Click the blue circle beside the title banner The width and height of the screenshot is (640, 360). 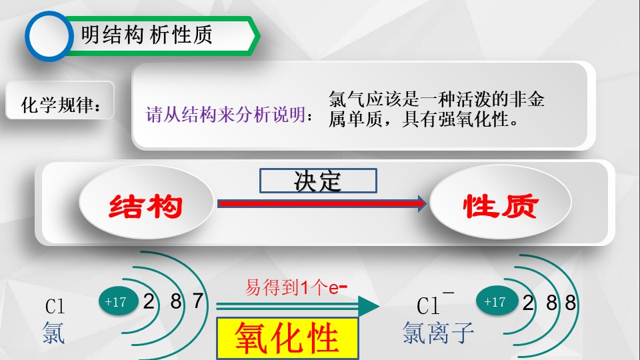pos(49,36)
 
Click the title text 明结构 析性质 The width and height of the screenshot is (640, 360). pos(147,35)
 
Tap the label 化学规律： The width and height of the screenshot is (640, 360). pos(61,105)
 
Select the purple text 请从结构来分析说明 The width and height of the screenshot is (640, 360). pos(226,115)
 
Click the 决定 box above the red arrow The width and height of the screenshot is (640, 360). pos(318,181)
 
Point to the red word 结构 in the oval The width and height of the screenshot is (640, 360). pos(146,206)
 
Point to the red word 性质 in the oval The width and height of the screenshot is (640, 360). pos(501,206)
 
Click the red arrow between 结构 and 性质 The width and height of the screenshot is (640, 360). pos(321,203)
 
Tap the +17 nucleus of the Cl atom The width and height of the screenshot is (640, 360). pos(119,301)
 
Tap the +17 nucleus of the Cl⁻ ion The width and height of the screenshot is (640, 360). pos(497,301)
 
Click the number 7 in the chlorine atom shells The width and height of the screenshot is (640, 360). pos(198,301)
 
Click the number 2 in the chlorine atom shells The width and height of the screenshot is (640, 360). pos(149,301)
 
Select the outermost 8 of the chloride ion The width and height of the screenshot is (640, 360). pos(570,303)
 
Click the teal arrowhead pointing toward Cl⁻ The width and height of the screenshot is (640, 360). pos(369,306)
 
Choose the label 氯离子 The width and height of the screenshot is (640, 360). pos(438,333)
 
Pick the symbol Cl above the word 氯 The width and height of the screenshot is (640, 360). pos(55,307)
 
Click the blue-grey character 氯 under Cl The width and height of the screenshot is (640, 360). pos(53,333)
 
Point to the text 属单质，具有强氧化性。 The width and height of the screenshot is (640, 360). pos(424,119)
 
